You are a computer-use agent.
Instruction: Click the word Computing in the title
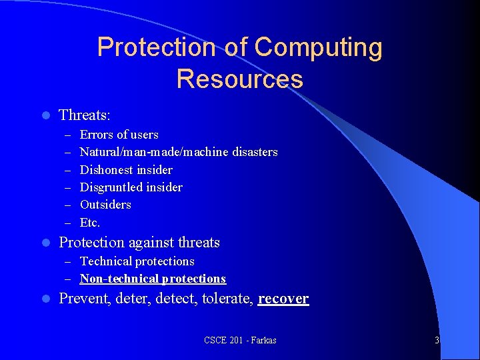(319, 48)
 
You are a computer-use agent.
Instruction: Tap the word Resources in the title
(239, 79)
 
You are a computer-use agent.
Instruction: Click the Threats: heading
(85, 115)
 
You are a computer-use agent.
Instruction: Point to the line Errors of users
(119, 135)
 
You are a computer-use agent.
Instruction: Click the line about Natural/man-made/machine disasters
(179, 152)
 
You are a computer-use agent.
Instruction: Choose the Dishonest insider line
(126, 170)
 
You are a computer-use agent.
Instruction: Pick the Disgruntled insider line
(131, 187)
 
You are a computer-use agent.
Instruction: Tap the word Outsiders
(105, 205)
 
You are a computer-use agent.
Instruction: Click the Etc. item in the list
(90, 223)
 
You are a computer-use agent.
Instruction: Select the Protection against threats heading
(139, 243)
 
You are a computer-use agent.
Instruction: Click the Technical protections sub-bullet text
(137, 261)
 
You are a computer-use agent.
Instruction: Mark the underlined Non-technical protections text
(153, 279)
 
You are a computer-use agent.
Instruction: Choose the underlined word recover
(283, 299)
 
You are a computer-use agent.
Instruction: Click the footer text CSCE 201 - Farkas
(240, 341)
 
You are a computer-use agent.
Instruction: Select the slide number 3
(437, 341)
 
